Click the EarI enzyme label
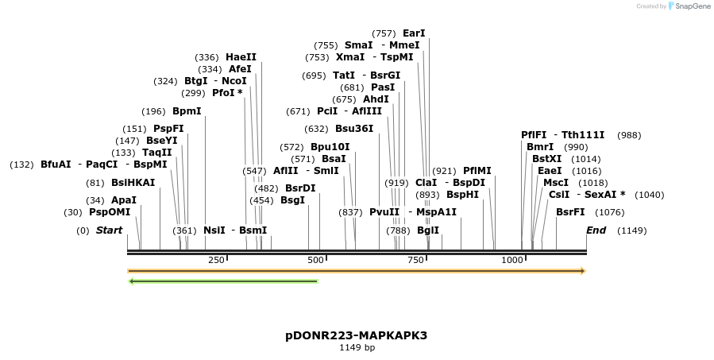(414, 33)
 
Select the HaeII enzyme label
(241, 57)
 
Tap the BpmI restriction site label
(187, 111)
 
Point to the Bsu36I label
(354, 129)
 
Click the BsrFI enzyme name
(570, 212)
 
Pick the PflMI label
(477, 171)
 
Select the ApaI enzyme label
(124, 200)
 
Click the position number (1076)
(610, 212)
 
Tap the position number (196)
(153, 111)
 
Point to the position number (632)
(316, 129)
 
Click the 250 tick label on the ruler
(216, 261)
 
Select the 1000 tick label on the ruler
(512, 261)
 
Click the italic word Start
(109, 230)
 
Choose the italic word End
(596, 230)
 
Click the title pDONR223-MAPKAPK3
(357, 335)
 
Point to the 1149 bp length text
(357, 347)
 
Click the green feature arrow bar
(223, 281)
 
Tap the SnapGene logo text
(692, 6)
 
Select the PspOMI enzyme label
(110, 212)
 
